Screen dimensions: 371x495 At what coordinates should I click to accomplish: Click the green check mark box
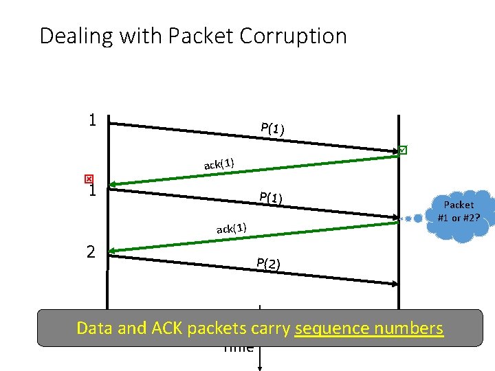click(403, 150)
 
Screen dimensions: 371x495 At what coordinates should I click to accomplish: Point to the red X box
click(88, 177)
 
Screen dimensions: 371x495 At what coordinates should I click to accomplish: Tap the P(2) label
click(268, 263)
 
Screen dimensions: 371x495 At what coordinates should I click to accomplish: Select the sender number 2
click(91, 251)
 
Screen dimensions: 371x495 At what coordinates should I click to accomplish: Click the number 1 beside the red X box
click(91, 190)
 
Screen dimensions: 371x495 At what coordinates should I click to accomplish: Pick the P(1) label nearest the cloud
click(272, 198)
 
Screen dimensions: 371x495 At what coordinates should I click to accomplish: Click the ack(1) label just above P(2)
click(232, 228)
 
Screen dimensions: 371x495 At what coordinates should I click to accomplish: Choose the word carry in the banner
click(267, 328)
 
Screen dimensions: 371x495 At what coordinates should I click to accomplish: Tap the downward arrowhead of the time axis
click(259, 366)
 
